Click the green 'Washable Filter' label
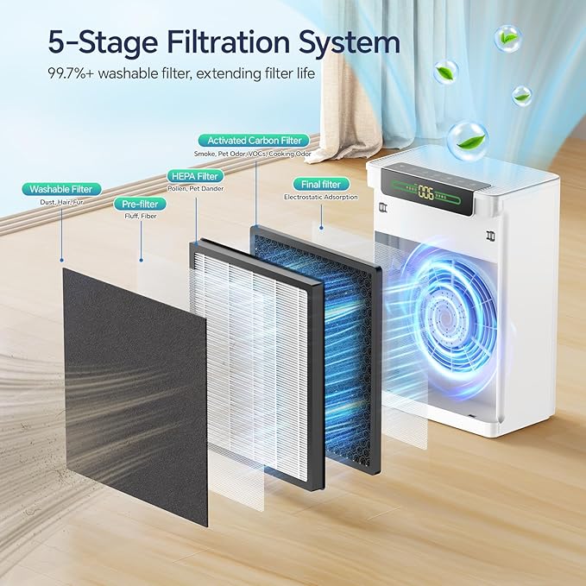pos(63,189)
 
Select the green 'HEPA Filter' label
pos(195,176)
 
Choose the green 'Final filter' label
pos(320,184)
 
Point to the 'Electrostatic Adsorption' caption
pos(320,198)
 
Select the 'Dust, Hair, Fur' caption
pos(63,202)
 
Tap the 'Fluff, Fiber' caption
pos(137,217)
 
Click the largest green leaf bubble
pos(467,140)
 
